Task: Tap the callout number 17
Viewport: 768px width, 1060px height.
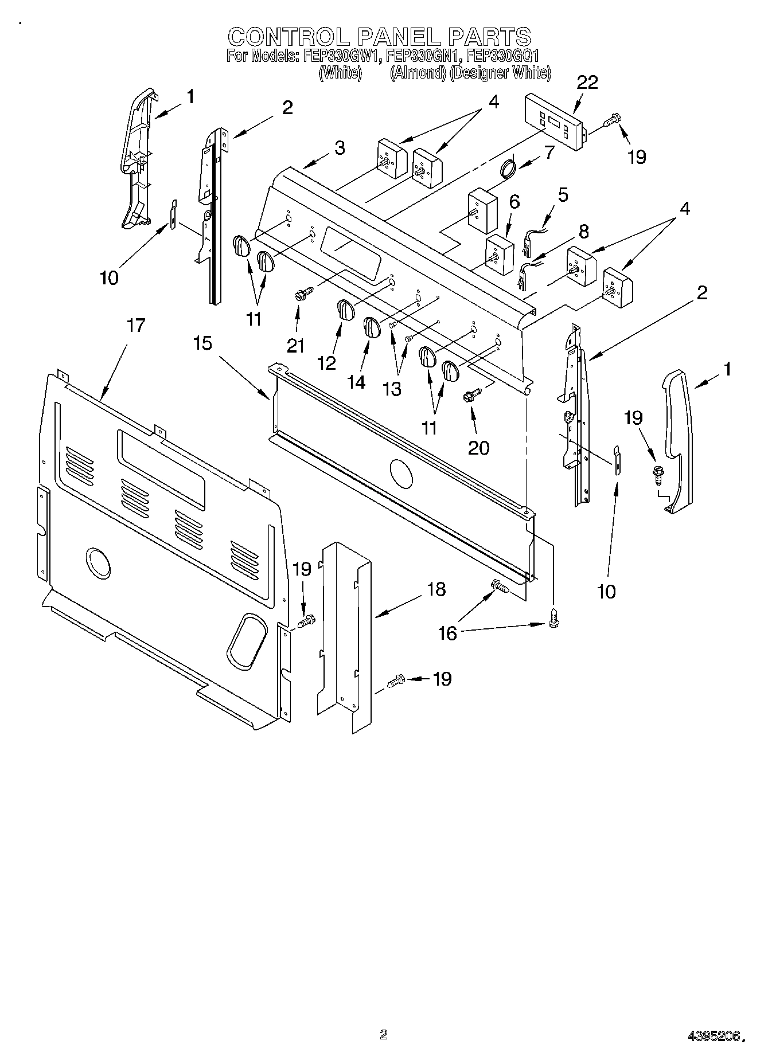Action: pyautogui.click(x=136, y=326)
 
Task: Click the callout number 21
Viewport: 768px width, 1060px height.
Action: pyautogui.click(x=296, y=345)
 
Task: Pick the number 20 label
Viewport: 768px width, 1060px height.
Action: pyautogui.click(x=478, y=447)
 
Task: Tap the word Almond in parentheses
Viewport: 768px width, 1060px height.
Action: pyautogui.click(x=418, y=73)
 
